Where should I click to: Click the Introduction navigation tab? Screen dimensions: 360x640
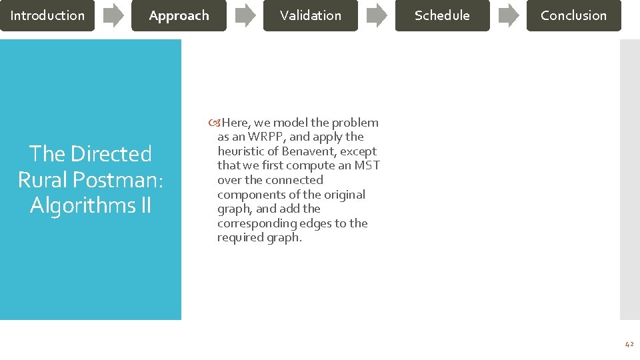pos(47,15)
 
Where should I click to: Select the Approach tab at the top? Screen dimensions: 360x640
pos(179,15)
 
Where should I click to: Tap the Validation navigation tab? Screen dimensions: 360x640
pos(311,15)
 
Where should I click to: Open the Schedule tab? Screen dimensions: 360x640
pos(442,15)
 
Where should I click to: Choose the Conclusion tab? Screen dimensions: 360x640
pos(573,15)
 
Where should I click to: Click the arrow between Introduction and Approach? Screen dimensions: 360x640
pos(113,15)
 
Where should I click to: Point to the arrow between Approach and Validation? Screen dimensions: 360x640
pos(245,15)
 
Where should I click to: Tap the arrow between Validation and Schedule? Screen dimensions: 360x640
pos(377,15)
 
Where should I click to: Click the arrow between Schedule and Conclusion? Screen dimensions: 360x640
pos(508,15)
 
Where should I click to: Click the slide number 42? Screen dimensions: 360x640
pos(629,344)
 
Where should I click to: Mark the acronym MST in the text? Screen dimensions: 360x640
pos(367,165)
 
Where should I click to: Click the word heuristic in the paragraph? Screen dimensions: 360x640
pos(240,151)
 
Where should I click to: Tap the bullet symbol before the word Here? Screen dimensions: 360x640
pos(214,123)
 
